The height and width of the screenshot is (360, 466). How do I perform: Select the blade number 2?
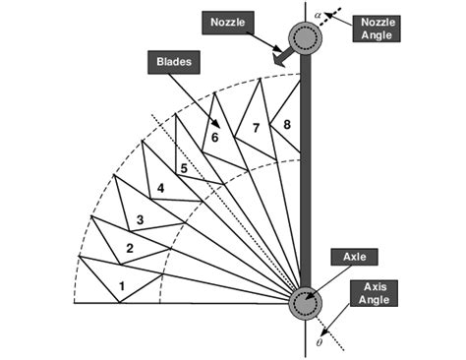coord(129,249)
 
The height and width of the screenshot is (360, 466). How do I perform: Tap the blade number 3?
coord(140,219)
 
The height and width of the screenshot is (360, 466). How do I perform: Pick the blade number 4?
coord(160,188)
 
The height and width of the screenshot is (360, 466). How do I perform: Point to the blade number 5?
coord(182,168)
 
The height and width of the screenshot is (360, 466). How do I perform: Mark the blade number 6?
coord(213,138)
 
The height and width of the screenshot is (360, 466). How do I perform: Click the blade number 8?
coord(286,124)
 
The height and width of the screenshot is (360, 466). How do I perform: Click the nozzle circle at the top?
coord(304,39)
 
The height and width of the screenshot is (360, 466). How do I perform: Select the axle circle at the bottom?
coord(304,301)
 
